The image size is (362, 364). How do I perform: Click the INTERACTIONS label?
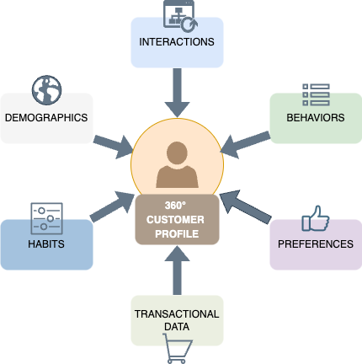[177, 41]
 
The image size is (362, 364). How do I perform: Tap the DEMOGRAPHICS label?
[46, 117]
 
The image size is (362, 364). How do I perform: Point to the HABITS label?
[46, 244]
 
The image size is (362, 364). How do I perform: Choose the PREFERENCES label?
[316, 244]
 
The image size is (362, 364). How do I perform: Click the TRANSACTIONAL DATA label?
[177, 320]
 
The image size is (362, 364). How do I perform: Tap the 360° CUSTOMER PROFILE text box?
[177, 220]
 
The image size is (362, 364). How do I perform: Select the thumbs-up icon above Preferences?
[316, 218]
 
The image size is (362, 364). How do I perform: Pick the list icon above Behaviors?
[316, 94]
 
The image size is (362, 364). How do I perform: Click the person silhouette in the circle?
[177, 165]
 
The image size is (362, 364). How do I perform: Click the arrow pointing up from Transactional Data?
[177, 270]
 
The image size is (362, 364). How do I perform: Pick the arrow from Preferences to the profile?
[244, 206]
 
